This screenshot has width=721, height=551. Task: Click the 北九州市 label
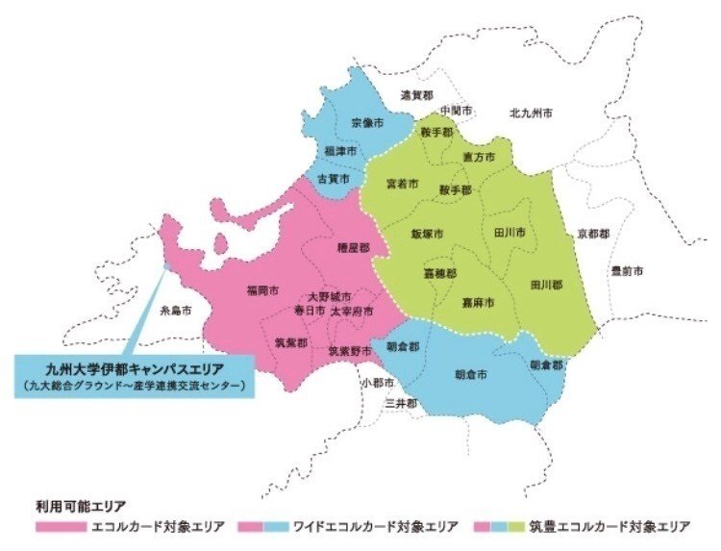coord(532,113)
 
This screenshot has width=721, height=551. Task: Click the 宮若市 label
coord(402,182)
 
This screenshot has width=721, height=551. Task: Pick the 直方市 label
coord(478,156)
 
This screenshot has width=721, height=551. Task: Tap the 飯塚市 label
coord(426,234)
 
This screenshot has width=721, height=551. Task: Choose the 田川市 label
coord(509,233)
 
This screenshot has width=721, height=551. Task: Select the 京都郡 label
coord(594,234)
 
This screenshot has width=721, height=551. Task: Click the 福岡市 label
coord(262,288)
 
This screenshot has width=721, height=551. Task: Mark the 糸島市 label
coord(176,311)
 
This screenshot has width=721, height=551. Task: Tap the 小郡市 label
coord(378,382)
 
